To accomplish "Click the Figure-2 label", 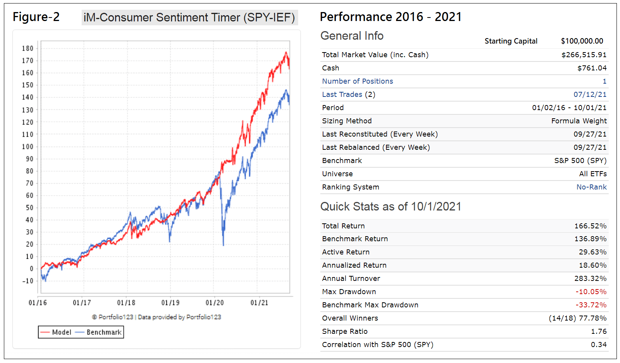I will (36, 17).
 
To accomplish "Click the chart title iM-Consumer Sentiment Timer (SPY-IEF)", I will (189, 18).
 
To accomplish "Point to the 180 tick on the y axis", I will (28, 49).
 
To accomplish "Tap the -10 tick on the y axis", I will (28, 281).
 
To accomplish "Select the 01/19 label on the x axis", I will (170, 303).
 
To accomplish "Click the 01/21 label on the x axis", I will (259, 303).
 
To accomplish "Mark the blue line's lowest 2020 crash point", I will (223, 245).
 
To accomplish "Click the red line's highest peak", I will (286, 52).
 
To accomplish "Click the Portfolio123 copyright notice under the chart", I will (156, 317).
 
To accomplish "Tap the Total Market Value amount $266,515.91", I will (584, 55).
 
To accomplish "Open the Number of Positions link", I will (357, 81).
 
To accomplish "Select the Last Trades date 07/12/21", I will (590, 95).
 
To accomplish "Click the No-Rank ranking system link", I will (591, 187).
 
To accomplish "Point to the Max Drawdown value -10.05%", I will (591, 292).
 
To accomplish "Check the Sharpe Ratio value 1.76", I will (599, 331).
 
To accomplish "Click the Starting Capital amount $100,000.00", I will (582, 41).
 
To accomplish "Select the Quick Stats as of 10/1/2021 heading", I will (391, 207).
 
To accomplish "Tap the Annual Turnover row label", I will (351, 279).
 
